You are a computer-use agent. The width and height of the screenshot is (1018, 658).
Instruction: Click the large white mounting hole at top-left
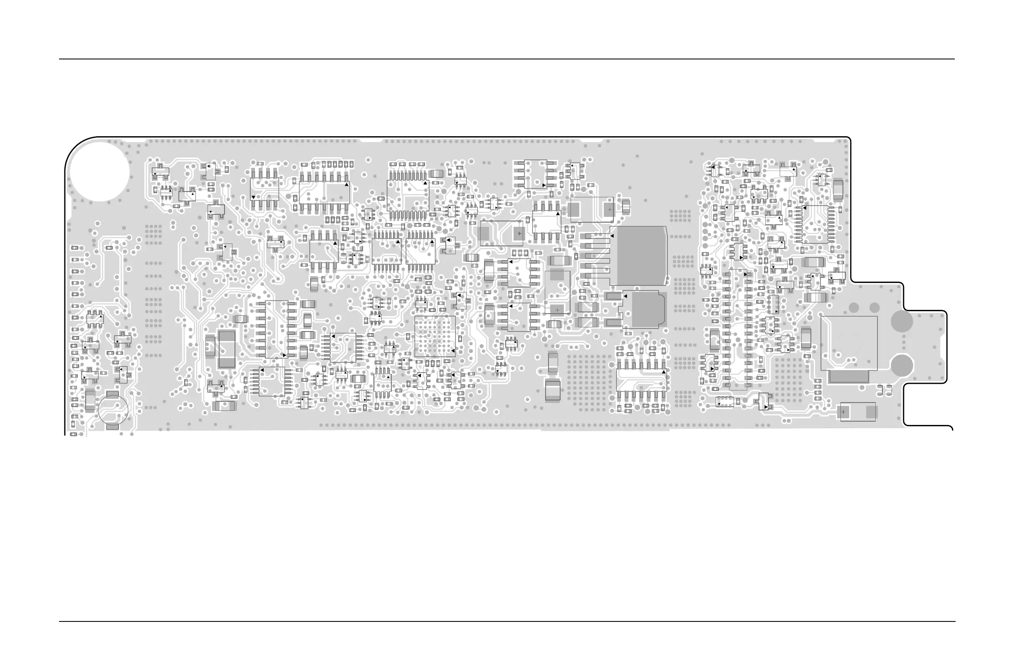click(99, 171)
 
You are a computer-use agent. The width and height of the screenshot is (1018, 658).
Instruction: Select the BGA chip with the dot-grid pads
click(435, 336)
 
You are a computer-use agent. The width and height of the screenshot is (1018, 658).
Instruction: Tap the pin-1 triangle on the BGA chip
click(453, 351)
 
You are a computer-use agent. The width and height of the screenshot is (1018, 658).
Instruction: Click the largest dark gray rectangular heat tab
click(638, 255)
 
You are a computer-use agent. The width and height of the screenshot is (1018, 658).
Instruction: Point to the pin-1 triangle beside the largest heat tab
click(612, 236)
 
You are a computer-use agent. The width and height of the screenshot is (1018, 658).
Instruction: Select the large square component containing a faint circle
click(849, 343)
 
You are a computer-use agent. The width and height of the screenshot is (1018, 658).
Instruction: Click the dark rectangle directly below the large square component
click(849, 376)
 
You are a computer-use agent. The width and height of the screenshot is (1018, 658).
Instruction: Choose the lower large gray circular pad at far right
click(902, 365)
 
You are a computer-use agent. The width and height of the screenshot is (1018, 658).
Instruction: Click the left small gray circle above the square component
click(854, 308)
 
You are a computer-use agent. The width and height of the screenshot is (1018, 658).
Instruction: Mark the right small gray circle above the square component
click(875, 308)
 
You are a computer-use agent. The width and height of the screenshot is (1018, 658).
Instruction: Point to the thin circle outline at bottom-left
click(113, 410)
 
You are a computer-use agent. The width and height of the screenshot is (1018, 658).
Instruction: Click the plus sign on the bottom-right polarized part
click(843, 412)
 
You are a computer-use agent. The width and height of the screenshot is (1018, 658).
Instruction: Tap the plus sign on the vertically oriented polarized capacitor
click(557, 310)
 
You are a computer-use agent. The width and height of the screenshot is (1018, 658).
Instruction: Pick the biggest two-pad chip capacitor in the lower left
click(227, 349)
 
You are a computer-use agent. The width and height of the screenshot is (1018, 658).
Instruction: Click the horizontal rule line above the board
click(507, 59)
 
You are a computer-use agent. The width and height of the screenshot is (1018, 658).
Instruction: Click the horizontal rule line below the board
click(507, 621)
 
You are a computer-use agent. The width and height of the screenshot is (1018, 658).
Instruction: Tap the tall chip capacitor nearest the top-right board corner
click(838, 190)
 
